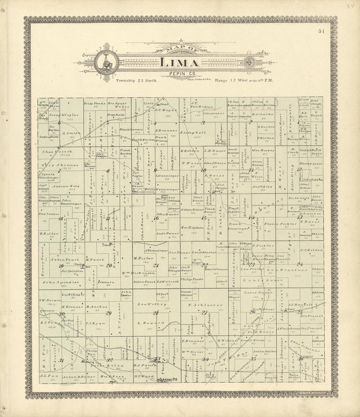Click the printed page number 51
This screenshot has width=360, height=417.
click(321, 31)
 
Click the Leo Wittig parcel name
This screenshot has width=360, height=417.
click(153, 304)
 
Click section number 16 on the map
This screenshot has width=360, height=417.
click(156, 218)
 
